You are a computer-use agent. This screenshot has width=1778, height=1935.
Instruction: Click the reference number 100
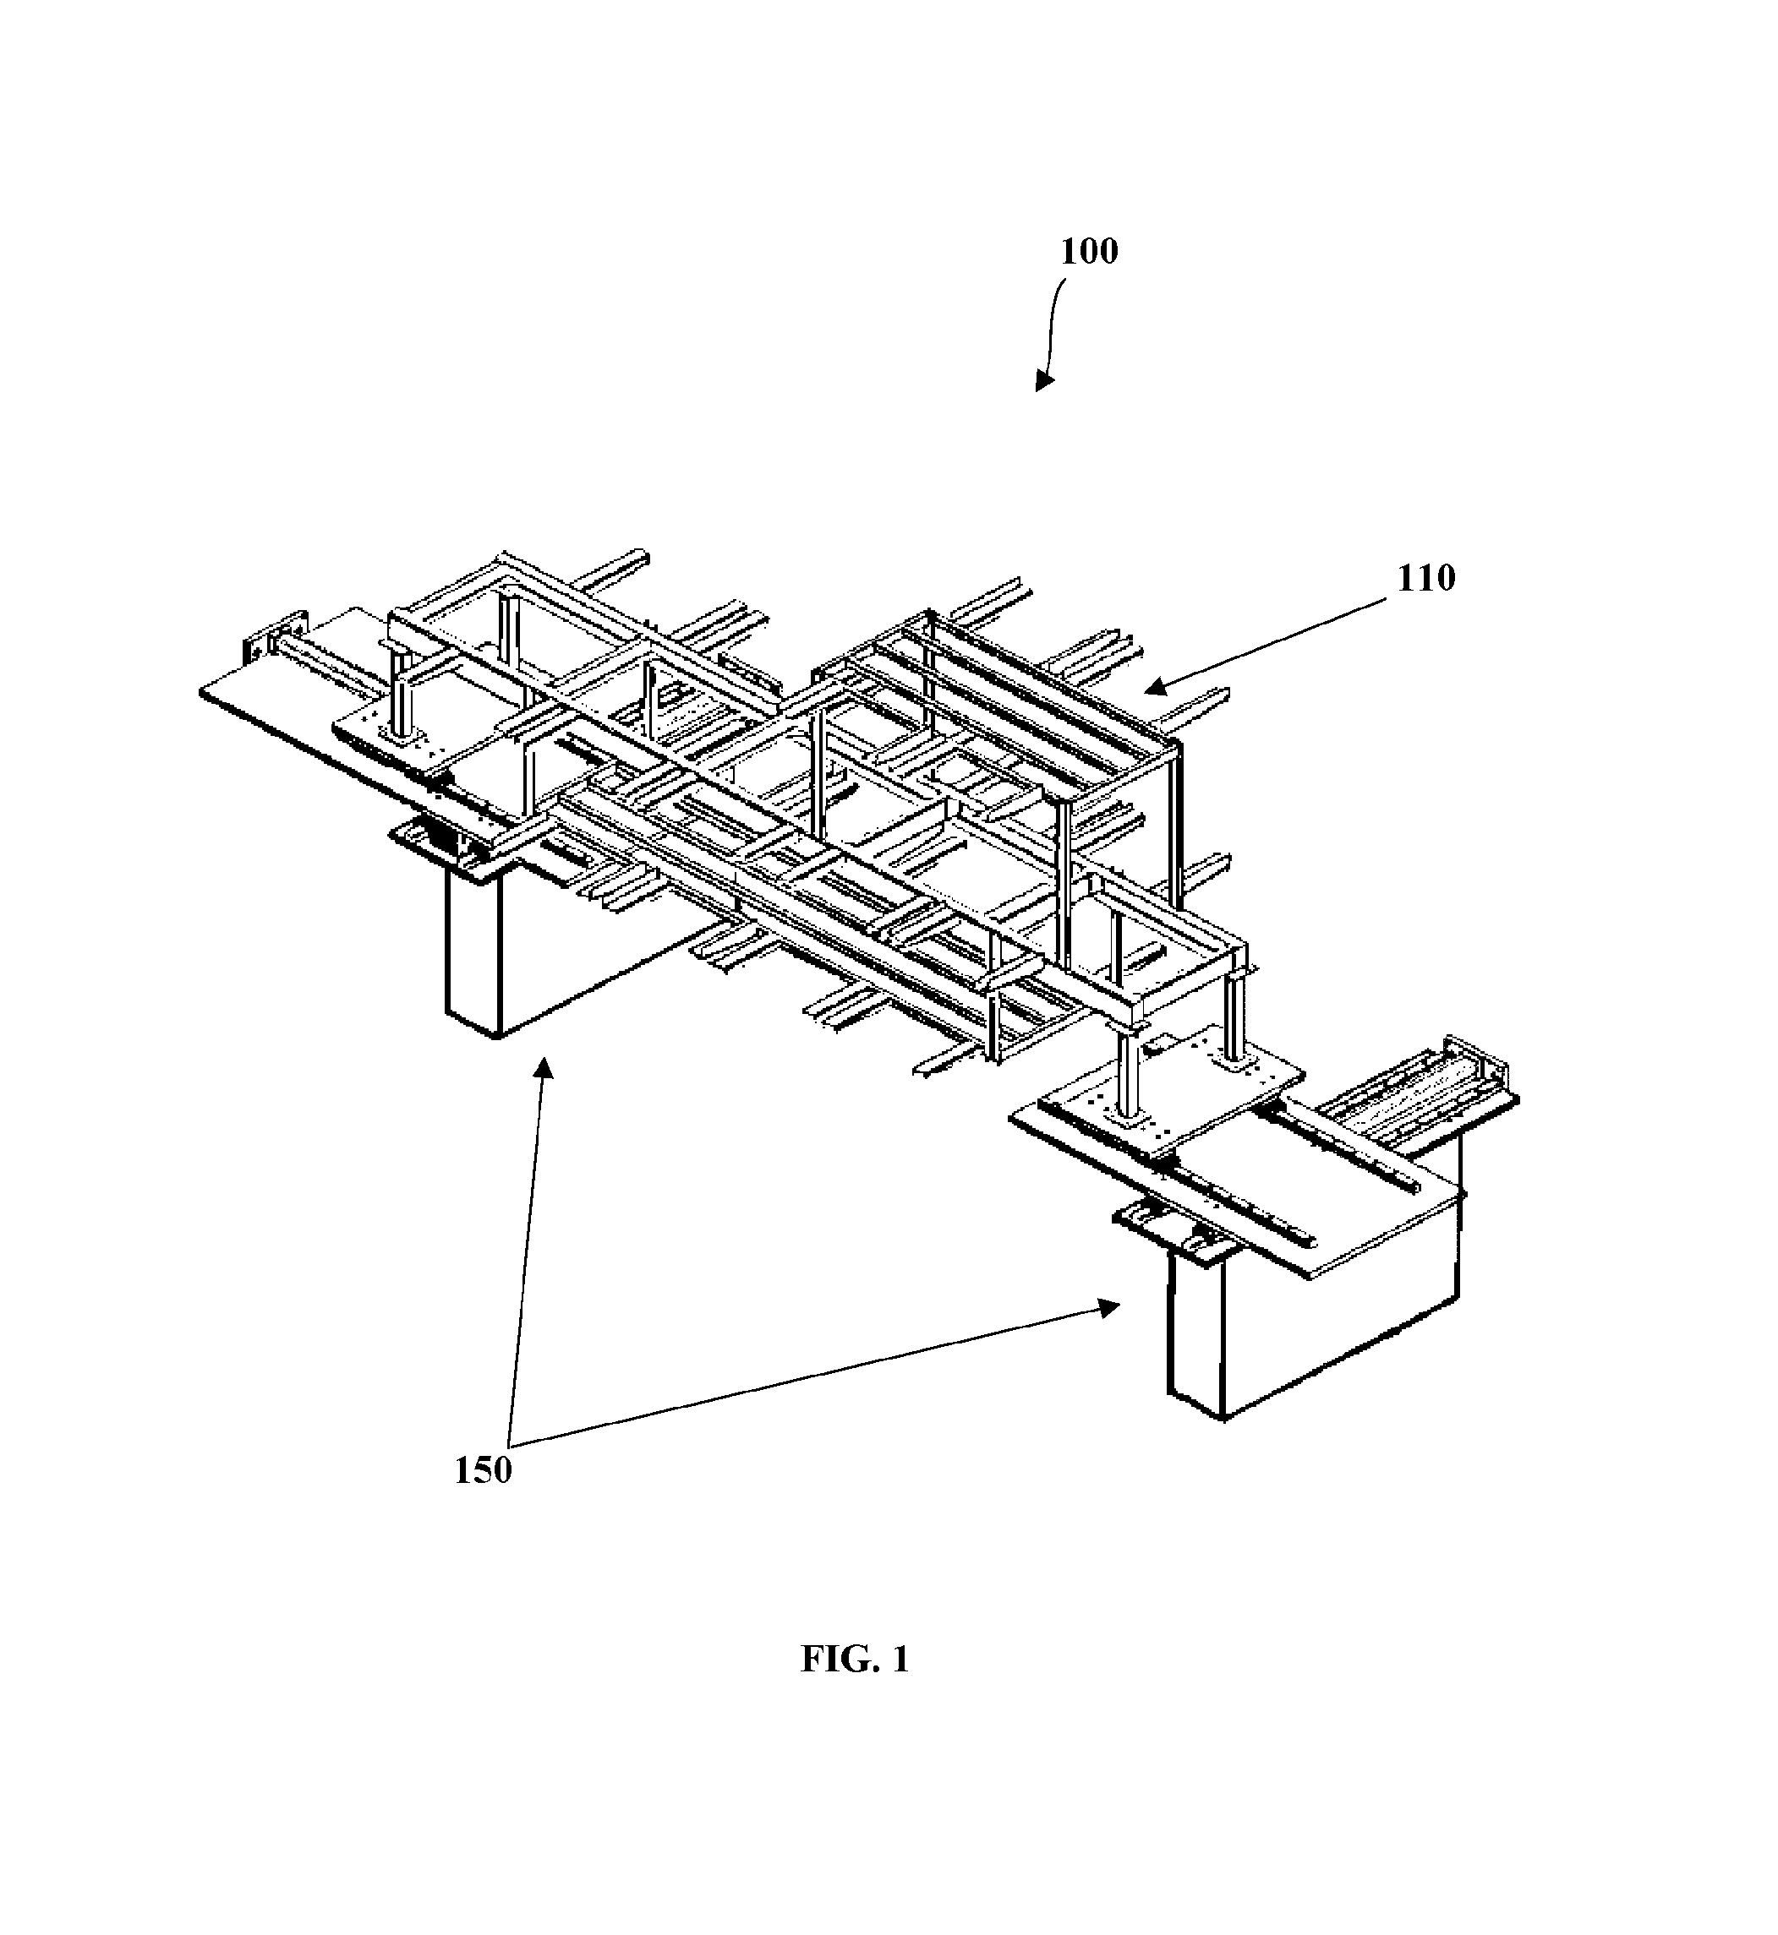pos(1089,251)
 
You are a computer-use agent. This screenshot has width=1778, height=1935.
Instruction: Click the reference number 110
pos(1425,578)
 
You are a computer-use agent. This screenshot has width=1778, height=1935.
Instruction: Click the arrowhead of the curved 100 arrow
pos(1043,381)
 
